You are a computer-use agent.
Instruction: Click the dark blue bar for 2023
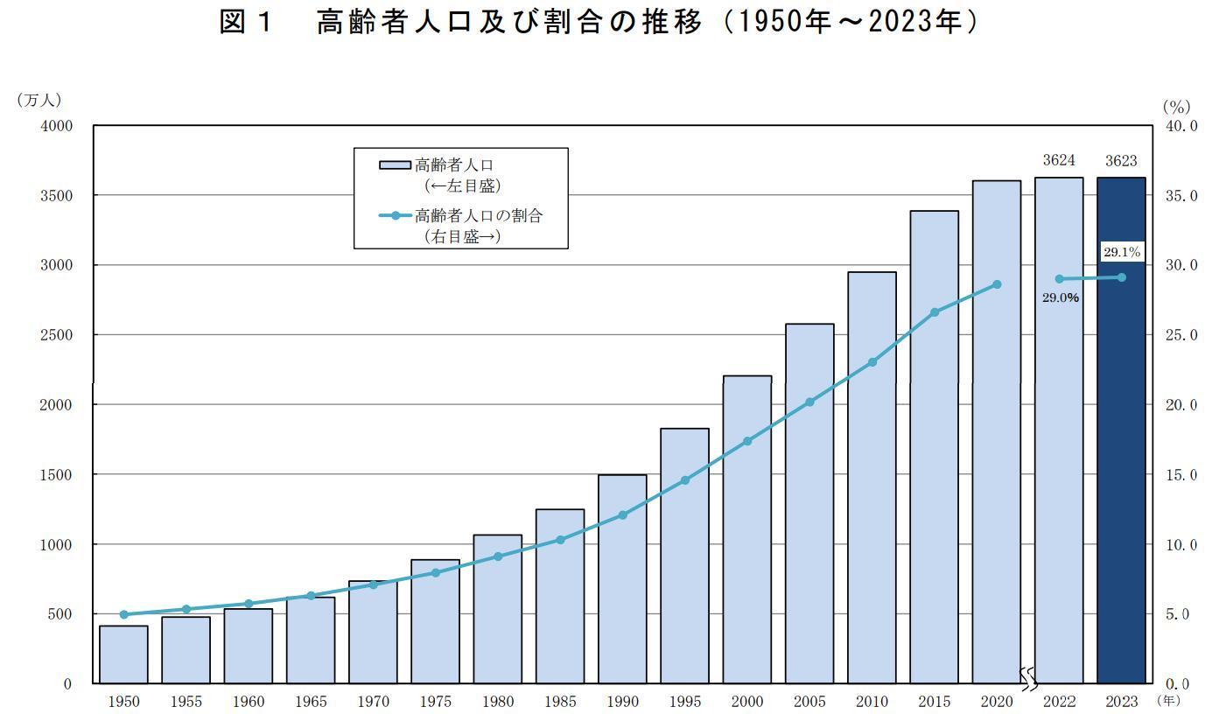click(1121, 437)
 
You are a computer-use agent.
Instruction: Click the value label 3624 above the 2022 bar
click(1059, 160)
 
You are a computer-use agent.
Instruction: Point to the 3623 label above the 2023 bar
click(1121, 160)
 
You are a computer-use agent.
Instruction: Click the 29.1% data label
click(1121, 252)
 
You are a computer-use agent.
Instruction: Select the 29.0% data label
click(1060, 297)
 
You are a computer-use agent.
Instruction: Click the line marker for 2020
click(997, 284)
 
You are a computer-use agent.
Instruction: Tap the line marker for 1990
click(622, 515)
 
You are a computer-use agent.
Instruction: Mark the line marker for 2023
click(1122, 277)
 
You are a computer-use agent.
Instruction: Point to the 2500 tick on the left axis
click(56, 335)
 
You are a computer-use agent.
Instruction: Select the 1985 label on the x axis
click(560, 702)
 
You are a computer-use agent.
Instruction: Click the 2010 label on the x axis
click(872, 702)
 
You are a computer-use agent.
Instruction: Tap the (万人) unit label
click(38, 101)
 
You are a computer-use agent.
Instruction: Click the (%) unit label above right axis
click(1176, 107)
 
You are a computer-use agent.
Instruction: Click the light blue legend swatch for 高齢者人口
click(395, 164)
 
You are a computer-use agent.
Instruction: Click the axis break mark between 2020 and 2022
click(1029, 675)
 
